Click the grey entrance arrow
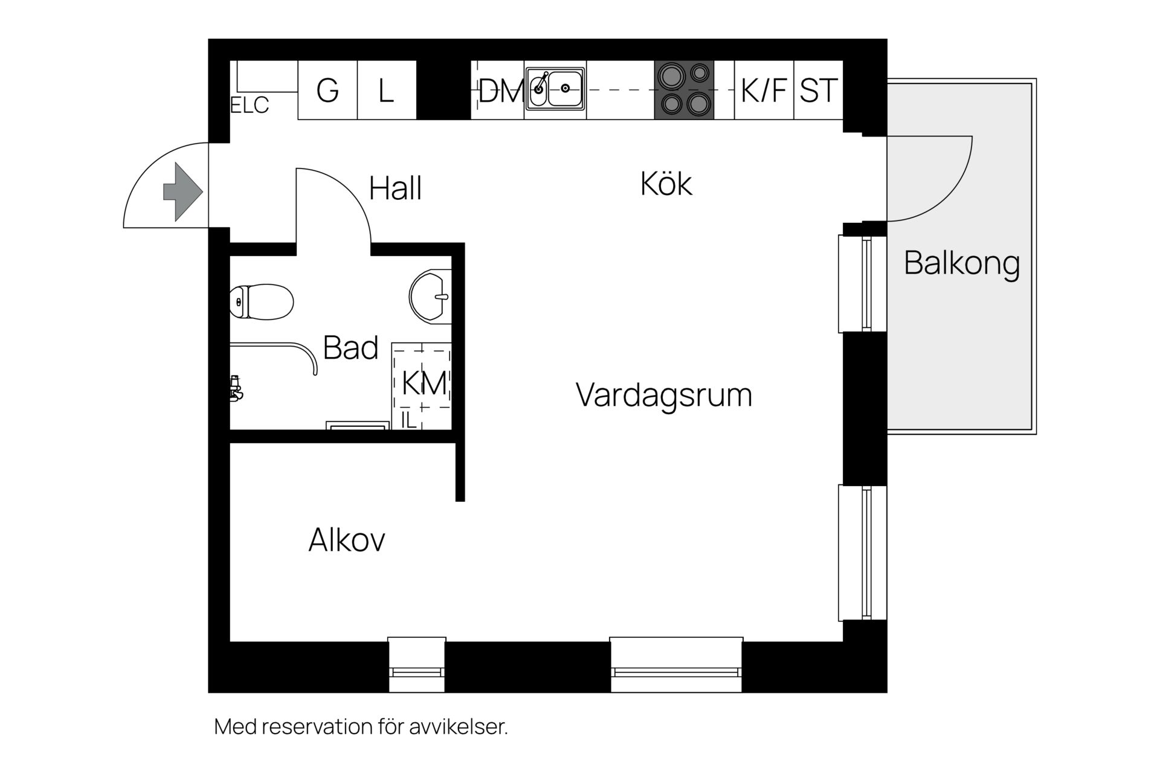[x=182, y=191]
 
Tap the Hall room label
[x=395, y=188]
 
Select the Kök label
[x=666, y=184]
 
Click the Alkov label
[x=347, y=540]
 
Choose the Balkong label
[x=962, y=263]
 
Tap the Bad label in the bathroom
[x=350, y=348]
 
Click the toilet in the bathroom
[x=262, y=301]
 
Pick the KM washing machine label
[x=424, y=383]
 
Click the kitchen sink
[x=555, y=89]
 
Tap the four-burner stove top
[x=684, y=89]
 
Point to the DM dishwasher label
[x=500, y=92]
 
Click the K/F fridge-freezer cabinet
[x=764, y=91]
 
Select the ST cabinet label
[x=819, y=91]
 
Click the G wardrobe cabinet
[x=327, y=91]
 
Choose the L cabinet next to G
[x=387, y=91]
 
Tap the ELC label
[x=250, y=106]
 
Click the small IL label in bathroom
[x=409, y=420]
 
